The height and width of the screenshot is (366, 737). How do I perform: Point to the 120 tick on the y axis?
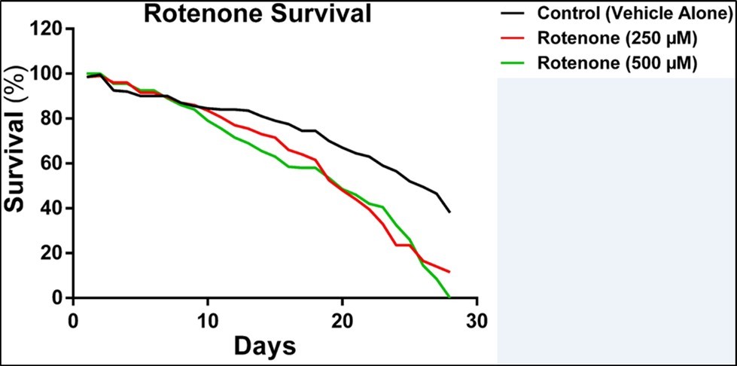(48, 29)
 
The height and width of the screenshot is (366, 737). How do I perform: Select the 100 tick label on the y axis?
(48, 74)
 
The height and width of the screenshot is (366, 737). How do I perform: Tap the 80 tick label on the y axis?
(53, 119)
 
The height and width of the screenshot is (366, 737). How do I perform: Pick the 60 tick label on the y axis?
(53, 163)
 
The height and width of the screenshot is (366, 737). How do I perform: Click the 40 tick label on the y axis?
(53, 209)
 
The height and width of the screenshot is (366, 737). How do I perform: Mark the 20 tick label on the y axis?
(53, 253)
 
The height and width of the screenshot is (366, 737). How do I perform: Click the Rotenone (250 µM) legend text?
(616, 38)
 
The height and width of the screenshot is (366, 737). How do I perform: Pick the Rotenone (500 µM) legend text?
(616, 64)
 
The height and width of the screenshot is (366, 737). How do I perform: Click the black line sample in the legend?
(514, 13)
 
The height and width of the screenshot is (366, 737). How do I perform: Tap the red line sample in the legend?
(514, 38)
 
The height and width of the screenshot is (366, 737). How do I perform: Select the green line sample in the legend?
(514, 64)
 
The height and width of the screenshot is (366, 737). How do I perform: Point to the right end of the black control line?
(449, 212)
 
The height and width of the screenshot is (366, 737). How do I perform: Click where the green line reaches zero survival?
(449, 297)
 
